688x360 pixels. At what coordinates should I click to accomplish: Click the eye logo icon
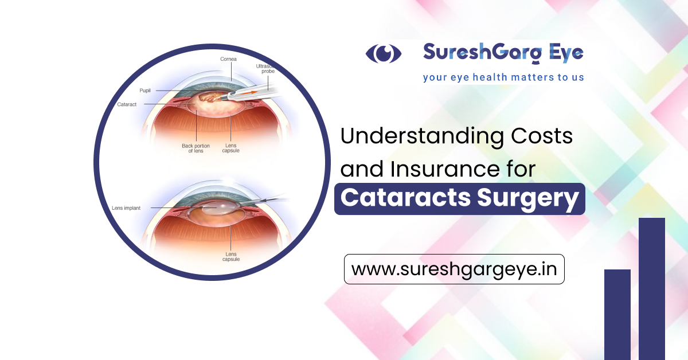click(x=384, y=53)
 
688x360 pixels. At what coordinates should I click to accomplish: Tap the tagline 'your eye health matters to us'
click(x=503, y=76)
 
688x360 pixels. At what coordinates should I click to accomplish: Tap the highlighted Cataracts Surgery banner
click(x=459, y=199)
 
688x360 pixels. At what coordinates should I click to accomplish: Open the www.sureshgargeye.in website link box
click(x=454, y=269)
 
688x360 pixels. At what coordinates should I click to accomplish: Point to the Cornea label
click(x=229, y=59)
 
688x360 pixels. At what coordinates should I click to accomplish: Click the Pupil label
click(x=145, y=91)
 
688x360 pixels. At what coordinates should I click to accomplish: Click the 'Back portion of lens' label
click(x=196, y=148)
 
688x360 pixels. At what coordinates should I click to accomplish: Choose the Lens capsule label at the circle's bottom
click(x=231, y=256)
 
